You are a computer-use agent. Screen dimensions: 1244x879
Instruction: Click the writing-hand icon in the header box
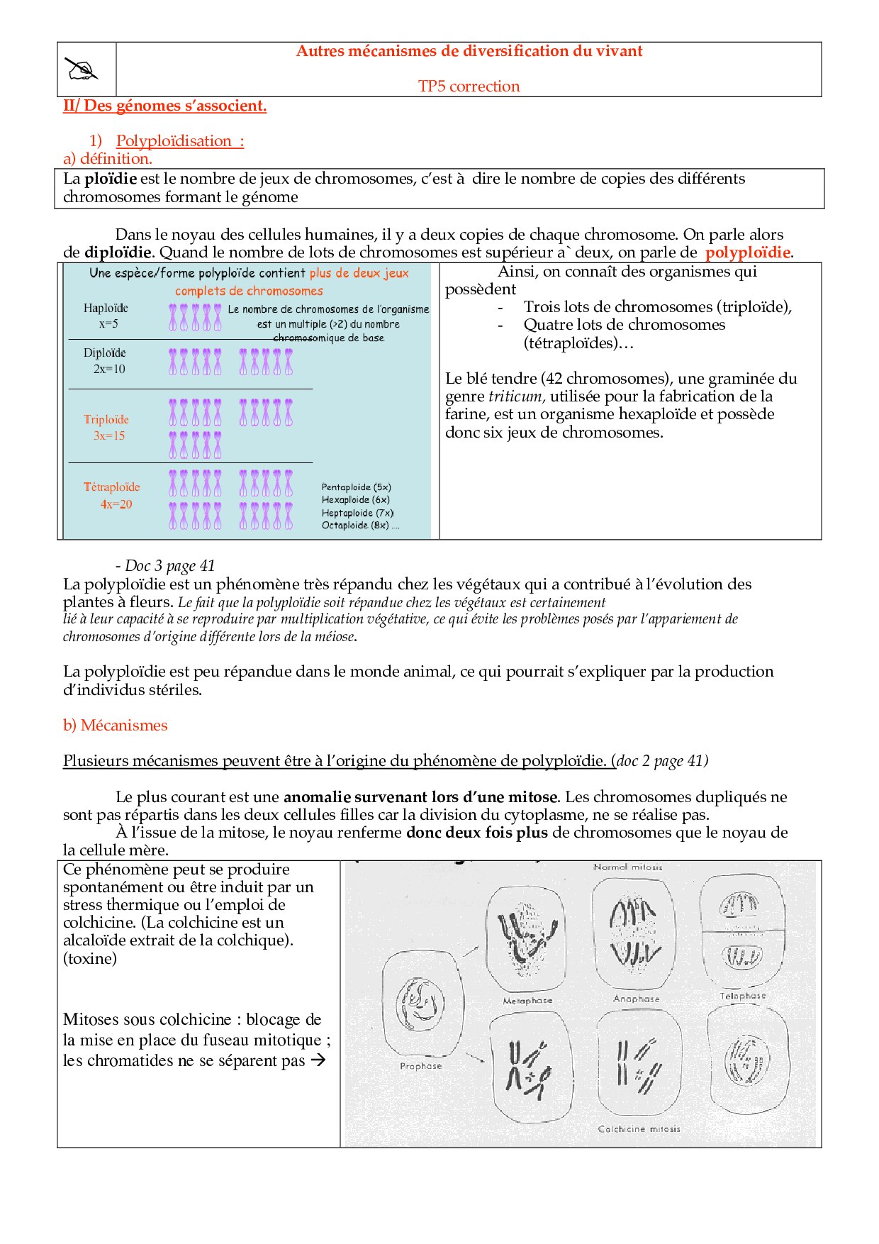[81, 69]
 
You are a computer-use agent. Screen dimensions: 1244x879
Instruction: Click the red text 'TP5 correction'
[469, 87]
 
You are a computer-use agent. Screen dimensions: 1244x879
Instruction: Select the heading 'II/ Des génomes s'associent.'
[164, 106]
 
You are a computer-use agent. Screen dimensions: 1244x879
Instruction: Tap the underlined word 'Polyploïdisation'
[174, 141]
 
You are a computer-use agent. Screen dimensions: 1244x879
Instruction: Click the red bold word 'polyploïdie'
[747, 252]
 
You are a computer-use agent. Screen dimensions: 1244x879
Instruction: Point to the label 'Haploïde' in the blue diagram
[106, 308]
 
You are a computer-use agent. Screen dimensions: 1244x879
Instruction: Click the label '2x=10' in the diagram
[109, 369]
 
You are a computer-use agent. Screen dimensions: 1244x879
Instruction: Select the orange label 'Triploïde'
[106, 419]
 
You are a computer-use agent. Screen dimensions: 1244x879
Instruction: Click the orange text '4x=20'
[116, 504]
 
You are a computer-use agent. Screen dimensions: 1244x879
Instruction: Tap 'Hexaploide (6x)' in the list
[355, 500]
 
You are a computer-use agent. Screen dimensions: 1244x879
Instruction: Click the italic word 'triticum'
[515, 396]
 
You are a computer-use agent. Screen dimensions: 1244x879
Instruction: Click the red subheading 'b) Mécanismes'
[116, 726]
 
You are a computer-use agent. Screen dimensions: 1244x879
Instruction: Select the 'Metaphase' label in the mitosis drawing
[527, 1000]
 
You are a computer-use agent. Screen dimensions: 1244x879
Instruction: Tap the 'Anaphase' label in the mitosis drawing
[637, 999]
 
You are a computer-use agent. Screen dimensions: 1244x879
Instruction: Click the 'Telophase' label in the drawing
[743, 996]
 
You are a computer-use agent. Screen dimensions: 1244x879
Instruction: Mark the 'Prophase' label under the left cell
[420, 1065]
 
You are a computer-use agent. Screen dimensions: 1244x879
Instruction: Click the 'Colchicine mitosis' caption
[639, 1128]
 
